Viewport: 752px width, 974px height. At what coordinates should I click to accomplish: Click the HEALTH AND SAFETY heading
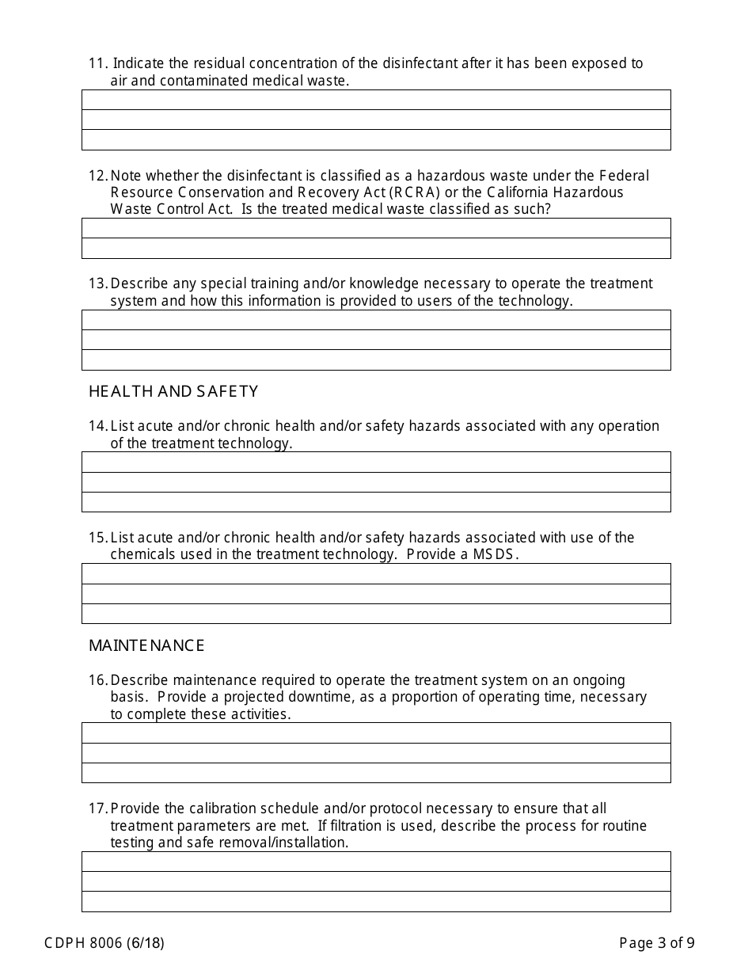173,391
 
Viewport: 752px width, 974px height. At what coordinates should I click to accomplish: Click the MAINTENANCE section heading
146,645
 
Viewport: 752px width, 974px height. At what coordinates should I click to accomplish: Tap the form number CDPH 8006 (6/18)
104,942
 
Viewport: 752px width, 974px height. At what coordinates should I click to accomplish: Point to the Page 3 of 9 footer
657,942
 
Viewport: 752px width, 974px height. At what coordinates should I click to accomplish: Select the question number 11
97,63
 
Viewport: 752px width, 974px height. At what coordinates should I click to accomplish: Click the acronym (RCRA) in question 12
420,192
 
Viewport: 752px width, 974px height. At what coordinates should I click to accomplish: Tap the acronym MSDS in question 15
496,554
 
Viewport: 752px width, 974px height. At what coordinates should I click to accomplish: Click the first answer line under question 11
376,100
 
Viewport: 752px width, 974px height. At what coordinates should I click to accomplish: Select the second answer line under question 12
376,248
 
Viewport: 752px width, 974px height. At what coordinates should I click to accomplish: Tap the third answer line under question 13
376,360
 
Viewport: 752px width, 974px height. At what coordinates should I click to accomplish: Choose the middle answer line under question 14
376,481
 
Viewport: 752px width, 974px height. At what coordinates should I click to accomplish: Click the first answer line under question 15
376,573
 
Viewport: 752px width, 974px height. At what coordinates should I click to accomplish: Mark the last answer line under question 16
376,772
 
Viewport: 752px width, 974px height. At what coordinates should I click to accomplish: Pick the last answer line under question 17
376,901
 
